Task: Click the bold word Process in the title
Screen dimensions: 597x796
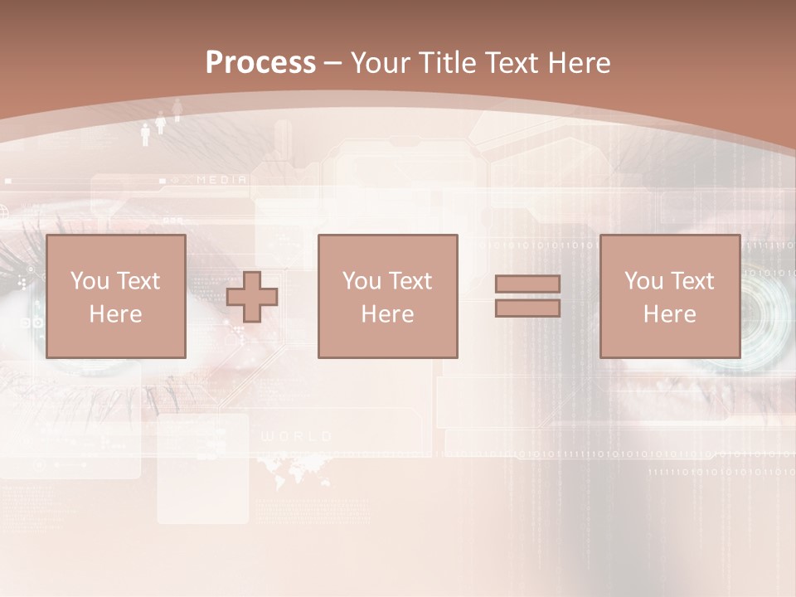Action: [260, 63]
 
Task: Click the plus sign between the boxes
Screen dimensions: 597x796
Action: [252, 297]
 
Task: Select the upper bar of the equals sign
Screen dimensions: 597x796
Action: [527, 284]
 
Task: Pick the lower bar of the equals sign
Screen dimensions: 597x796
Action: [527, 308]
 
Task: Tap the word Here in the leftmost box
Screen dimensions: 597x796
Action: [115, 314]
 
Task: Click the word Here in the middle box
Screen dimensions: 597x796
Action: [387, 314]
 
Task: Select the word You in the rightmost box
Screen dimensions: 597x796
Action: [643, 281]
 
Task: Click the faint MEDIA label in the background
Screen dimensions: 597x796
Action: [221, 179]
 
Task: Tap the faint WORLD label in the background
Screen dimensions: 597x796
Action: [297, 436]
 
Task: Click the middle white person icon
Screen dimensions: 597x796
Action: [161, 123]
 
